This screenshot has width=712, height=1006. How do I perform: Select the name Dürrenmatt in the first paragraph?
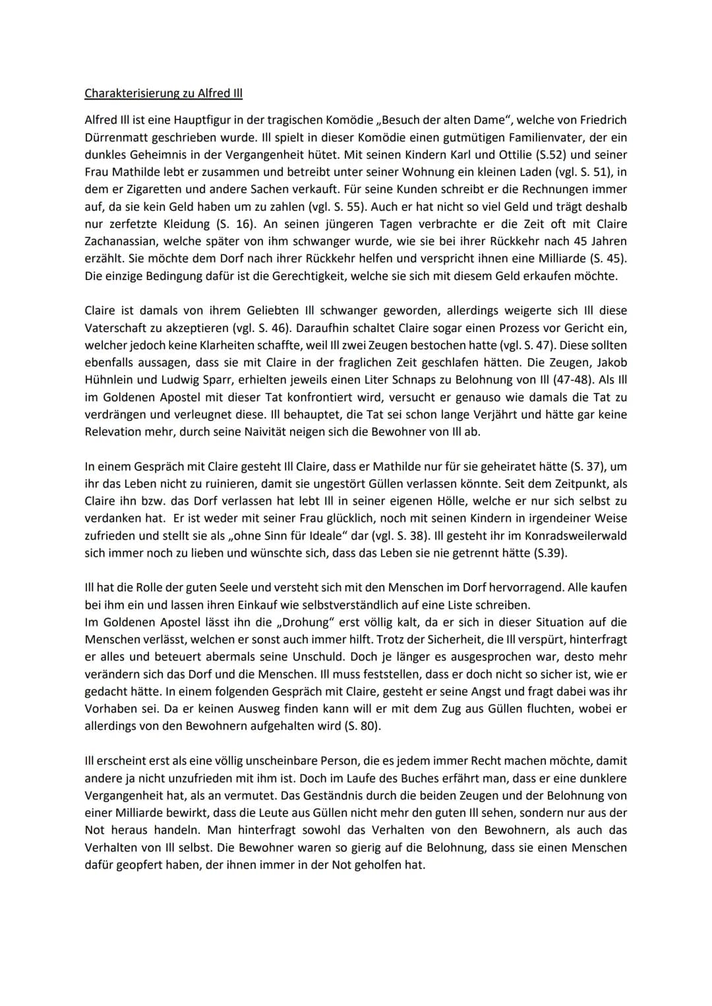point(116,138)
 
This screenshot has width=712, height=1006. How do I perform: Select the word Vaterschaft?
point(116,328)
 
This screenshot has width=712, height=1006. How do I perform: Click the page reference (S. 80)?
point(363,727)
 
